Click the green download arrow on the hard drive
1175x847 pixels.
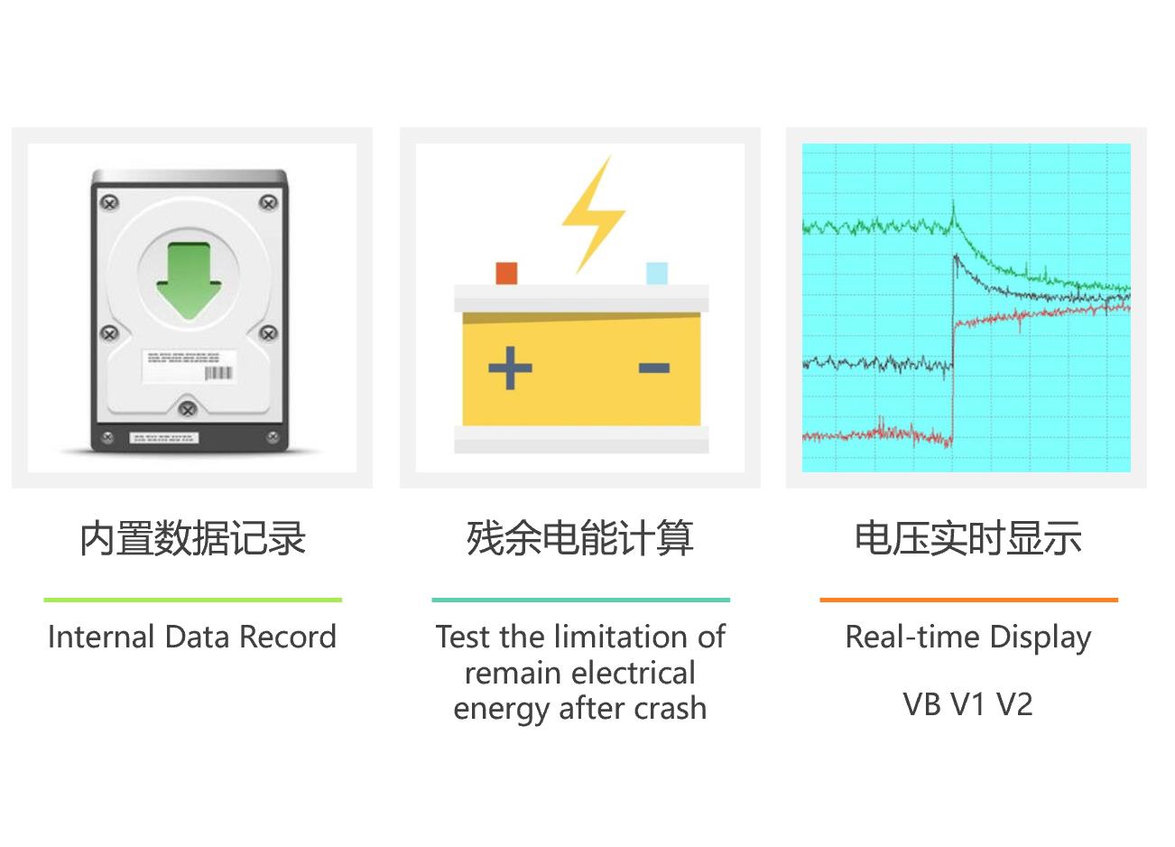[x=189, y=280]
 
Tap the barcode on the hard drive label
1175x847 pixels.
[x=217, y=373]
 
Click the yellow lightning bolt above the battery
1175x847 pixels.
[x=593, y=214]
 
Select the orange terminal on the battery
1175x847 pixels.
[x=506, y=274]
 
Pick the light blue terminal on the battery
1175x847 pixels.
[x=657, y=274]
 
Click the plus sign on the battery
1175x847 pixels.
[x=510, y=368]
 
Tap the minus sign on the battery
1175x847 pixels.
[x=654, y=368]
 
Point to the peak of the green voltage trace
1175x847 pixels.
[x=954, y=201]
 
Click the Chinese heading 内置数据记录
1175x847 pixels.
[x=192, y=538]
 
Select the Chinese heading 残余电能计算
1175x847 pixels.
[x=580, y=538]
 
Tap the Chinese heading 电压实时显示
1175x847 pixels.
[x=968, y=538]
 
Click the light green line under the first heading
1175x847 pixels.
[x=193, y=600]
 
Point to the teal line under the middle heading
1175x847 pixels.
[x=580, y=600]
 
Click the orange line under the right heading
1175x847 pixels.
[x=969, y=600]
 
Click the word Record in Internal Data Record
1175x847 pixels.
[x=288, y=638]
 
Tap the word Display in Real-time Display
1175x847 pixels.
[x=1041, y=639]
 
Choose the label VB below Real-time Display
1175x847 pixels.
[x=921, y=704]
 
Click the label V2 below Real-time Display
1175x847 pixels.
[x=1014, y=704]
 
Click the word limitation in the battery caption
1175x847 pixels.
[x=622, y=638]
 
